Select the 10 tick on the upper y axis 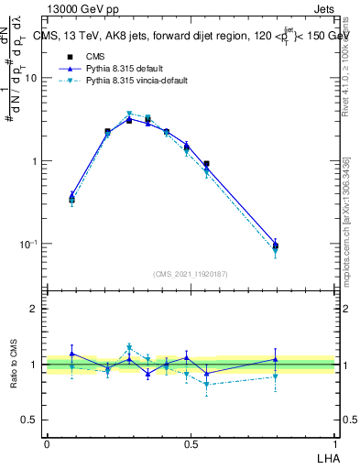33,78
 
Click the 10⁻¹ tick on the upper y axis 30,244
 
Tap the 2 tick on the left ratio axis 36,309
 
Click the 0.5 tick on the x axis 191,442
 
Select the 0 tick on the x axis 47,442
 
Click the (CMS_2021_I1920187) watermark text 191,273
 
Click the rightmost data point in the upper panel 276,245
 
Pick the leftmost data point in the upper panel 72,198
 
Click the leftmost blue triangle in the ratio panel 72,354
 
